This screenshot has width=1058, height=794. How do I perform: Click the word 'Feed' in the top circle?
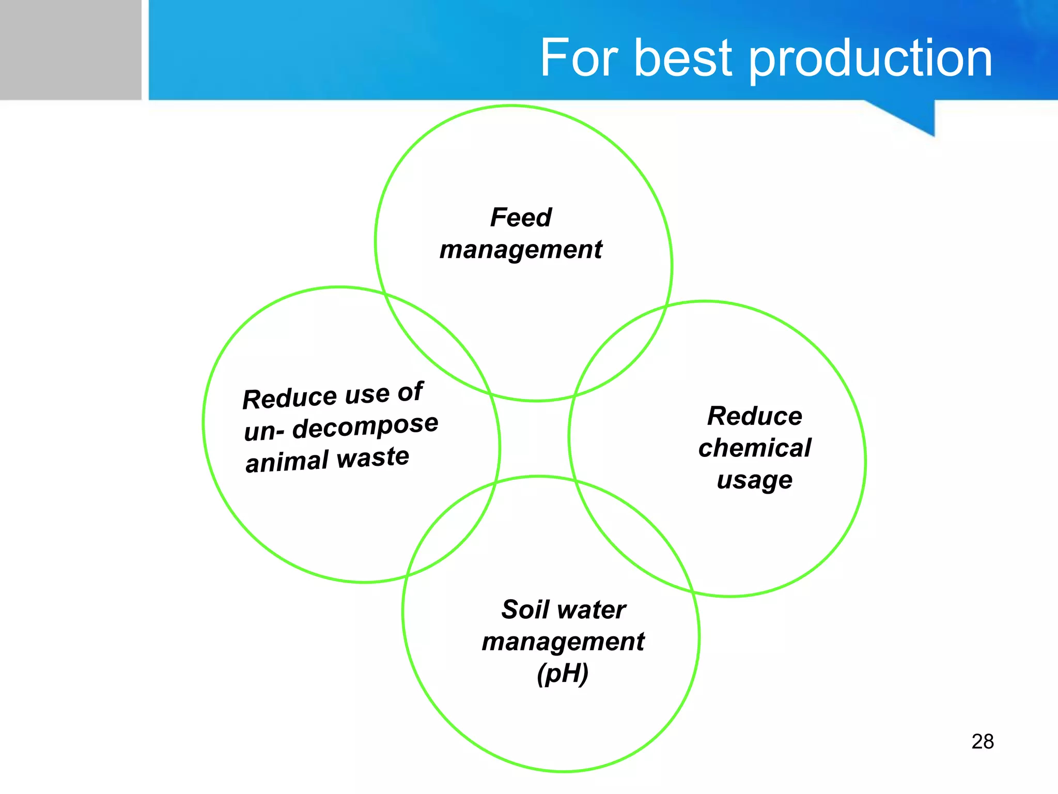(521, 218)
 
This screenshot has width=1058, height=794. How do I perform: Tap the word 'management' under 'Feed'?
(521, 250)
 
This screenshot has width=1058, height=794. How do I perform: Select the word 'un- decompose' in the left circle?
(341, 427)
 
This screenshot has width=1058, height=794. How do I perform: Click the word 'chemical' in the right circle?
(755, 448)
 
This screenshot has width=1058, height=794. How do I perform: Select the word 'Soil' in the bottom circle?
(524, 609)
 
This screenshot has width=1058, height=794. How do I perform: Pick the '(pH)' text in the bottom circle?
(563, 674)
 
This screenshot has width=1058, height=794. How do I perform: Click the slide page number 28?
(983, 742)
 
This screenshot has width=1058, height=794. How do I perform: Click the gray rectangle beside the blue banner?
(70, 50)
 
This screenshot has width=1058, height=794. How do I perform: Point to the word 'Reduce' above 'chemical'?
(755, 416)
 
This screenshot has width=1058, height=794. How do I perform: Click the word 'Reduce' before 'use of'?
(289, 399)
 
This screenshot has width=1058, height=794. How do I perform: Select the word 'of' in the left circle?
(411, 391)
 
